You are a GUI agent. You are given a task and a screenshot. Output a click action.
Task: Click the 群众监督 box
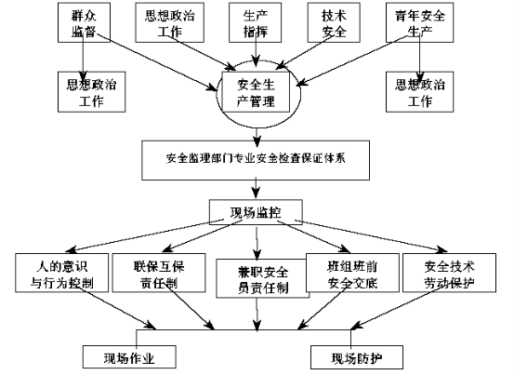pos(84,22)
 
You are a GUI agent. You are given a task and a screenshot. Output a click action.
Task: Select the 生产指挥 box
pos(255,22)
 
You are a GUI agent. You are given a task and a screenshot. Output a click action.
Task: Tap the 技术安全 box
pos(334,22)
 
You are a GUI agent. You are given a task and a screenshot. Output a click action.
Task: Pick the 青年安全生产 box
pos(419,22)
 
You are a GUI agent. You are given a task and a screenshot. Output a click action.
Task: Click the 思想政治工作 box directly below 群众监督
pos(91,92)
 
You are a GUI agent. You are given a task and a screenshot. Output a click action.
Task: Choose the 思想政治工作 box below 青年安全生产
pos(419,92)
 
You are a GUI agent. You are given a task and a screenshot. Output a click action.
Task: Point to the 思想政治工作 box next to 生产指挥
pos(170,22)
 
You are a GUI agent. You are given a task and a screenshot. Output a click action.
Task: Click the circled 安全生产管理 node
pos(256,92)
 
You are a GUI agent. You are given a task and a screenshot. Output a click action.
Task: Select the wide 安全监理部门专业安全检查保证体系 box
pos(256,160)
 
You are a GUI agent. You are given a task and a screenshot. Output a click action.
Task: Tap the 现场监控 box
pos(256,212)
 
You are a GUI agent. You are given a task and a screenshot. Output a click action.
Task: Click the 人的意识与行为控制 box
pos(61,273)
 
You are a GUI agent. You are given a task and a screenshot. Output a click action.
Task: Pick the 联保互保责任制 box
pos(159,273)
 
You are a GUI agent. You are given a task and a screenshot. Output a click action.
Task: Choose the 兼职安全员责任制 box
pos(262,278)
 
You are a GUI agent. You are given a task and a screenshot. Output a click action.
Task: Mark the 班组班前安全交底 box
pos(352,273)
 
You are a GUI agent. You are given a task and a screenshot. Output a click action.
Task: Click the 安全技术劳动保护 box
pos(449,273)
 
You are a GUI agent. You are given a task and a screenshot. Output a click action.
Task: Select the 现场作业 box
pos(129,357)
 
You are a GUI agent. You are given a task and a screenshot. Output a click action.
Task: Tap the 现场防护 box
pos(357,357)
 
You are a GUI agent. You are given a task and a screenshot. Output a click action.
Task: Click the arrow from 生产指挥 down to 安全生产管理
pos(256,49)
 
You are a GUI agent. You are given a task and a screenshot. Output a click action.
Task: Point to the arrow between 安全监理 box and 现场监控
pos(256,188)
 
